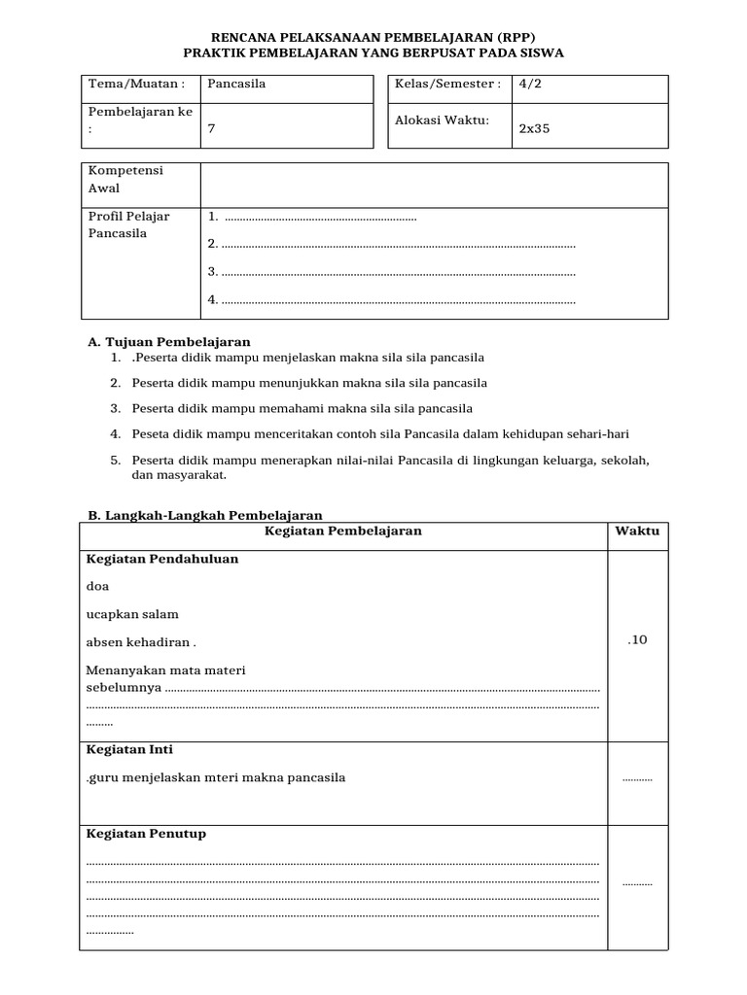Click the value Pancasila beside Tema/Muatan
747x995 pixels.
237,85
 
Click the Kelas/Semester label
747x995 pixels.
447,85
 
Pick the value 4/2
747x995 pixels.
531,85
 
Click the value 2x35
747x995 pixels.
534,128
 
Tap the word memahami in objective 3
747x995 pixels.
279,408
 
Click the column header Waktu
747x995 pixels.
637,532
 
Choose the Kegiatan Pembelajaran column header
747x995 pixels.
343,532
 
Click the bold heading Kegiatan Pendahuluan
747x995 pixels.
162,560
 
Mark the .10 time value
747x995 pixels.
637,639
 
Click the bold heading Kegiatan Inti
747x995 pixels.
129,750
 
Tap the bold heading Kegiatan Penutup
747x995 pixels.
146,834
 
